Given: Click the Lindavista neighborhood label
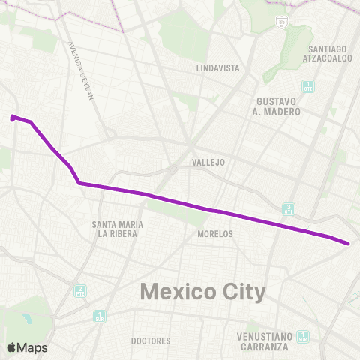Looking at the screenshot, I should [x=217, y=67].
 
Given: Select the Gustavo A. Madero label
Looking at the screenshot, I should [x=278, y=106].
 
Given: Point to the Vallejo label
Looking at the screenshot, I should [x=208, y=162].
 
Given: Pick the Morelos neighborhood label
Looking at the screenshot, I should [x=215, y=234].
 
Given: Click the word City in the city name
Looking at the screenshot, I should [x=242, y=291].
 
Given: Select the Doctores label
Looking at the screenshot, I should [x=151, y=340].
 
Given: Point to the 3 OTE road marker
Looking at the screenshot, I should [x=289, y=208].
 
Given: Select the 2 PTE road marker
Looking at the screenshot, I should [x=79, y=290].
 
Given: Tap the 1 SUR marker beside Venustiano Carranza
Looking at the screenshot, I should [x=302, y=336].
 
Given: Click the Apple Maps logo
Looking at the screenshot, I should [x=27, y=348].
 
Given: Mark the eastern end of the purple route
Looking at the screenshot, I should [x=349, y=243].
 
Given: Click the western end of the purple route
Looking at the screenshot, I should [x=13, y=117].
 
